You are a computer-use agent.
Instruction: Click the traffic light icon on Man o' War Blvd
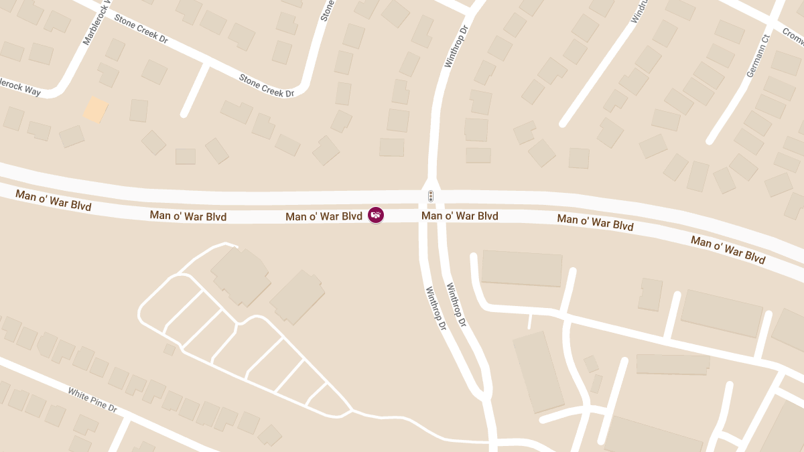tap(431, 196)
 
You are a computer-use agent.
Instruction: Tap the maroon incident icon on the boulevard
tap(376, 215)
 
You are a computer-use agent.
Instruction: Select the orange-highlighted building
tap(95, 110)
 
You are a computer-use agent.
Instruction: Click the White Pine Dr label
tap(92, 399)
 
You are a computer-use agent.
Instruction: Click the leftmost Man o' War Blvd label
tap(53, 200)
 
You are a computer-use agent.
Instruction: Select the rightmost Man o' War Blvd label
tap(728, 250)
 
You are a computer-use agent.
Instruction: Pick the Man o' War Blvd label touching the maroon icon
tap(324, 216)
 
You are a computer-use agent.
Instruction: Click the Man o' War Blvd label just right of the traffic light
tap(460, 216)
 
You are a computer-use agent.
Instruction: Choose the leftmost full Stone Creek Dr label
tap(141, 28)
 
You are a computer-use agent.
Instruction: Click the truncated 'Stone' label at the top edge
tap(326, 9)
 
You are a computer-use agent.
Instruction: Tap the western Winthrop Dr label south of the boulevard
tap(435, 309)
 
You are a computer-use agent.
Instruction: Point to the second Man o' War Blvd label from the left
tap(188, 216)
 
